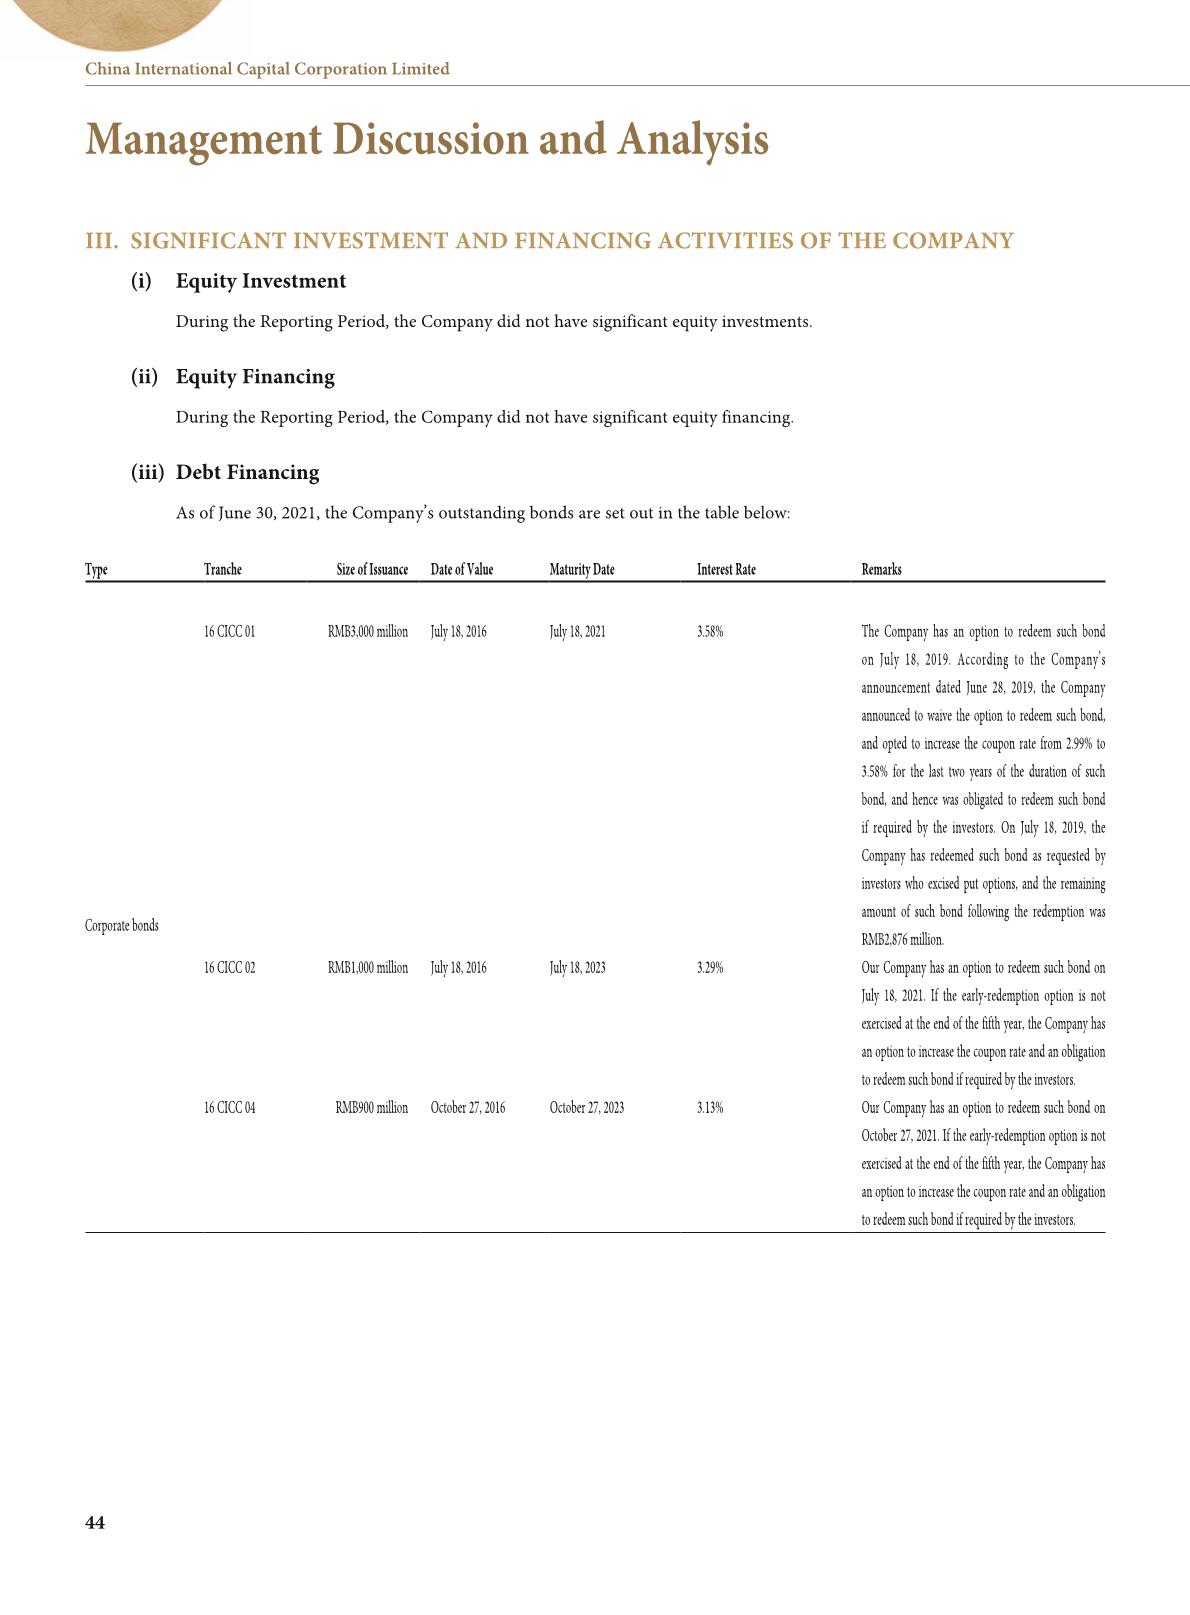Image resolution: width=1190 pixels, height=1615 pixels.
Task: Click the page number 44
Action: point(95,1523)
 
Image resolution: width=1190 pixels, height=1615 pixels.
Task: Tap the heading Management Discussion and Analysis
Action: point(427,139)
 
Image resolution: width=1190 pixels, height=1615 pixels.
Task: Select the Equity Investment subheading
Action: point(260,281)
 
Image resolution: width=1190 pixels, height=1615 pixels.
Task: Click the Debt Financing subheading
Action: point(247,473)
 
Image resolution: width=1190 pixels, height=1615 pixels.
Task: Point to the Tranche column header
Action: point(223,570)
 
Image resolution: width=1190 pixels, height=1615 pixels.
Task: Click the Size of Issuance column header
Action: point(372,570)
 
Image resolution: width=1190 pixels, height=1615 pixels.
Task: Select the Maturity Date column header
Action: point(582,570)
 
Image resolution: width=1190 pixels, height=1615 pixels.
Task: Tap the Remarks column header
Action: point(881,570)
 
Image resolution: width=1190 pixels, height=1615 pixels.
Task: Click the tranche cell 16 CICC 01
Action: point(229,632)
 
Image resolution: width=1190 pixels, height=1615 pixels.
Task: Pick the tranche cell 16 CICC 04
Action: point(229,1108)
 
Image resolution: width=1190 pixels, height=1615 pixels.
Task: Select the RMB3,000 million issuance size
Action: point(367,632)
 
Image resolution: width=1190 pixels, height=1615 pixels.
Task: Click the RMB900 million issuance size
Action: point(371,1108)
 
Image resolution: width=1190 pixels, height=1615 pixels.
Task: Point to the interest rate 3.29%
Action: point(710,968)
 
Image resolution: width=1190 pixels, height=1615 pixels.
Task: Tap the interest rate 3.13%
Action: point(710,1108)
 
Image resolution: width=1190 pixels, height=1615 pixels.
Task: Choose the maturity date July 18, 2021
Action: point(577,632)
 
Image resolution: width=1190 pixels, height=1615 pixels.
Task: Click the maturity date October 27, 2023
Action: point(587,1108)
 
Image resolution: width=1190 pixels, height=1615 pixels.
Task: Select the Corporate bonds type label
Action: point(122,926)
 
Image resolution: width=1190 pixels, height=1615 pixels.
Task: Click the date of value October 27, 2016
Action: point(468,1108)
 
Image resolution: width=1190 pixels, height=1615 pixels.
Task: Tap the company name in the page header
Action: point(267,69)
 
